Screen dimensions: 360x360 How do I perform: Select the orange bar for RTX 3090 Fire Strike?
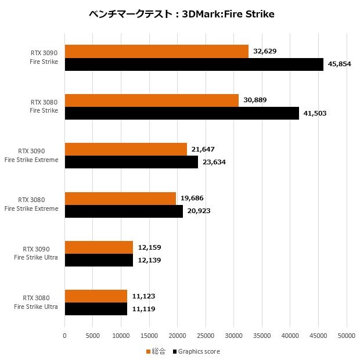[156, 51]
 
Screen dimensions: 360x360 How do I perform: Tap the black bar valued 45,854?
[194, 64]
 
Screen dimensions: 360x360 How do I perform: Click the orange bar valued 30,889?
[152, 100]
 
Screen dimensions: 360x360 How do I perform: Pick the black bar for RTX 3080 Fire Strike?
[182, 113]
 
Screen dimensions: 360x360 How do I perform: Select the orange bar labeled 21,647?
[125, 149]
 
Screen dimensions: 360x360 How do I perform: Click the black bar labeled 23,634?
[131, 162]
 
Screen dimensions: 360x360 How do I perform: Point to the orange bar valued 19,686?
[120, 198]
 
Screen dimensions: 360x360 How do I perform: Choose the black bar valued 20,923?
[124, 211]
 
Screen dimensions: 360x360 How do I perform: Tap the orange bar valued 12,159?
[99, 247]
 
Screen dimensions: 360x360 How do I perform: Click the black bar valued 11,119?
[96, 309]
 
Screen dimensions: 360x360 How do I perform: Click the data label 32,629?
[265, 51]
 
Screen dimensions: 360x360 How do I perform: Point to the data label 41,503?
[315, 113]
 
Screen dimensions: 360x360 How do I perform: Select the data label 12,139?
[149, 260]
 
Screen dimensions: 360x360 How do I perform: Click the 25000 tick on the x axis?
[206, 335]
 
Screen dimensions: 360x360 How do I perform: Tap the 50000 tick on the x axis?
[347, 335]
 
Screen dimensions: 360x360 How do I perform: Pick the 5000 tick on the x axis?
[93, 335]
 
